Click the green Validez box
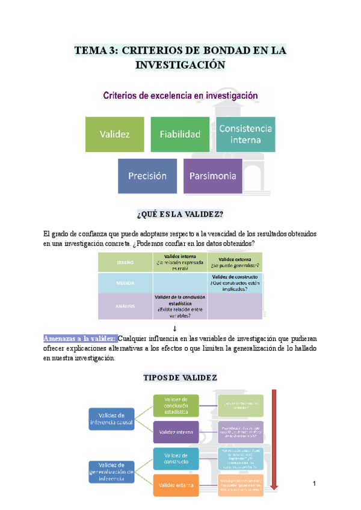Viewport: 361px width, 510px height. click(114, 134)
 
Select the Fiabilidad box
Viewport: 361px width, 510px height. click(180, 134)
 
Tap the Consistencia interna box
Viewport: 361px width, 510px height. click(245, 134)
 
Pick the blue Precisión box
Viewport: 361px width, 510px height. click(147, 176)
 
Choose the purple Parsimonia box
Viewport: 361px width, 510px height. click(212, 176)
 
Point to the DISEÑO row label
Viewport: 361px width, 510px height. click(125, 262)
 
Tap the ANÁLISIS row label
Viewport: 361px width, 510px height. click(125, 306)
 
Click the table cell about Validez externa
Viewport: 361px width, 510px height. click(235, 262)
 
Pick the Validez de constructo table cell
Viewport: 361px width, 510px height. click(235, 283)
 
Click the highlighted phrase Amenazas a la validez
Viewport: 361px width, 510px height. click(81, 338)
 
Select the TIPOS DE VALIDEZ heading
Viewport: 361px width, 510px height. click(180, 378)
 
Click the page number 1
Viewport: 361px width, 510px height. click(314, 484)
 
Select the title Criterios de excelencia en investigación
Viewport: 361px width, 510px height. click(180, 95)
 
